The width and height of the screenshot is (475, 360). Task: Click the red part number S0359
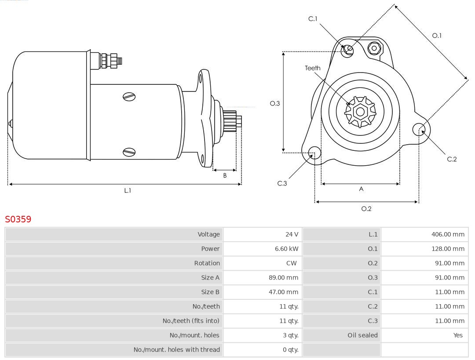(18, 219)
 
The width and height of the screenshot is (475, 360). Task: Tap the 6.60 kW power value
(286, 249)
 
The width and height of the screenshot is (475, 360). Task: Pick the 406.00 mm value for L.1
(448, 234)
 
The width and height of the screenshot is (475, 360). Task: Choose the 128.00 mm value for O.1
(448, 249)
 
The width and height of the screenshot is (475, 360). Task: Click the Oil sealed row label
(362, 335)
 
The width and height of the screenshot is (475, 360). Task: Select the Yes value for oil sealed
(458, 335)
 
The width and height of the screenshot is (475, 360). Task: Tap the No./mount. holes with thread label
(176, 350)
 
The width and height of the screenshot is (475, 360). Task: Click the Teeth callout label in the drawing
(313, 68)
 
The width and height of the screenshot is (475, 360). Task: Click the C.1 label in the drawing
(313, 19)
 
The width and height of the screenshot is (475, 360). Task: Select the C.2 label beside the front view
(452, 159)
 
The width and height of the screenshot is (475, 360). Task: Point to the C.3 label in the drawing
(282, 183)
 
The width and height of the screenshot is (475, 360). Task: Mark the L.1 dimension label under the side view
(128, 191)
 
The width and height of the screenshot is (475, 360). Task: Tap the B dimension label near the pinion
(225, 175)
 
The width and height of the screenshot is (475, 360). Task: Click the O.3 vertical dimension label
(274, 104)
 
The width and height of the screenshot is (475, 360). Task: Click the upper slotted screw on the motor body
(129, 97)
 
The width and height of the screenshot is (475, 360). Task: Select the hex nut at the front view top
(374, 48)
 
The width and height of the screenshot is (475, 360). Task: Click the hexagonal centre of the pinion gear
(360, 112)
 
